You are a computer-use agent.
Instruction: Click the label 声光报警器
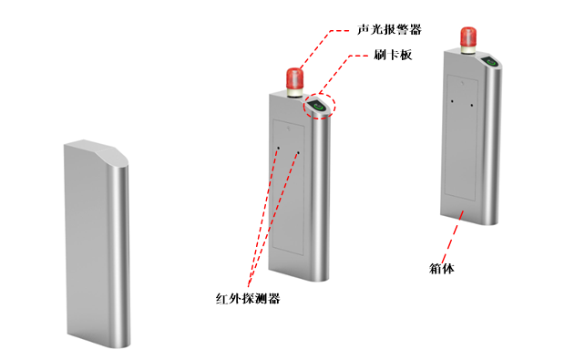coord(389,29)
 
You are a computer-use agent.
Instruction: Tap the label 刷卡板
coord(393,55)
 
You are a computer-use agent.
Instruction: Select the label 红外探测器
coord(248,298)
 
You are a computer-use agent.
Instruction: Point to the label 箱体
coord(442,268)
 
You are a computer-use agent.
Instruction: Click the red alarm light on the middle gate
coord(294,78)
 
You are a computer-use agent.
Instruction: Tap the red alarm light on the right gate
coord(468,36)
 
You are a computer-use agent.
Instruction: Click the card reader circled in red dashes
coord(318,106)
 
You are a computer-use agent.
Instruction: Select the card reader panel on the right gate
coord(490,62)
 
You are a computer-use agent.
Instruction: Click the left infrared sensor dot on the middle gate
coord(278,149)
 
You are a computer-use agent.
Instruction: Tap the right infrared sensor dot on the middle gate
coord(298,152)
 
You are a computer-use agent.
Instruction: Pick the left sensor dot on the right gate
coord(453,101)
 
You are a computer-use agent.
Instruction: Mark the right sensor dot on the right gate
coord(472,105)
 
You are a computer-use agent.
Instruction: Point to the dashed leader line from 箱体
coord(453,237)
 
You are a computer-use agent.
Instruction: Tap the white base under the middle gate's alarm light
coord(294,92)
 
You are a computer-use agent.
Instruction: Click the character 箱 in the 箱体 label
coord(436,268)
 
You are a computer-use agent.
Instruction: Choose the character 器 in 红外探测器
coord(274,298)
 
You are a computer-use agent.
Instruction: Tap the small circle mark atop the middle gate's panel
coord(289,129)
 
